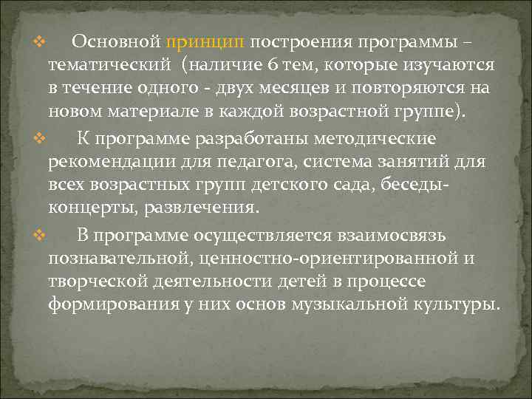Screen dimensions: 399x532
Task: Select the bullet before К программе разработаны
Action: [41, 137]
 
